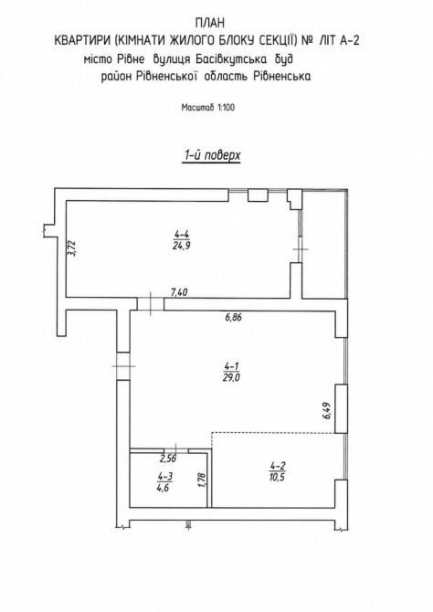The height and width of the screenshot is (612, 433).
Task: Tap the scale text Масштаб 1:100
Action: (x=208, y=108)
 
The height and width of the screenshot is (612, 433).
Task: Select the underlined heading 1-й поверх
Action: (x=211, y=155)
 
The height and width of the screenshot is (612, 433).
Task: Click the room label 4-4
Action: (x=182, y=235)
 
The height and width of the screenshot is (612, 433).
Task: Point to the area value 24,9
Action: (x=182, y=246)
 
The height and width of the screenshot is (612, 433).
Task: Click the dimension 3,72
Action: (x=72, y=248)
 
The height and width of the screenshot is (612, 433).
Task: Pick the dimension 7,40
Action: (x=180, y=292)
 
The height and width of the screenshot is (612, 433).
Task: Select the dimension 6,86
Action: (x=233, y=317)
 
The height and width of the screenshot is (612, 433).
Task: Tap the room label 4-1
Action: (x=232, y=366)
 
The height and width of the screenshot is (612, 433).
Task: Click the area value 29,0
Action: (x=232, y=377)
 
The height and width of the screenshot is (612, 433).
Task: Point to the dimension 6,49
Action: (x=327, y=411)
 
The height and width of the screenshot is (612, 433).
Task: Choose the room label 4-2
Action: (x=278, y=465)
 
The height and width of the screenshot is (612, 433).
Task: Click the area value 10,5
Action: (x=278, y=477)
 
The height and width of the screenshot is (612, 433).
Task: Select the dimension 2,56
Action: (x=168, y=459)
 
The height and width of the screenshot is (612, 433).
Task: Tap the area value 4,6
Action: (x=165, y=488)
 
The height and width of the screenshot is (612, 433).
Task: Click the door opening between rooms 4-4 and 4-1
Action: (x=151, y=304)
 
